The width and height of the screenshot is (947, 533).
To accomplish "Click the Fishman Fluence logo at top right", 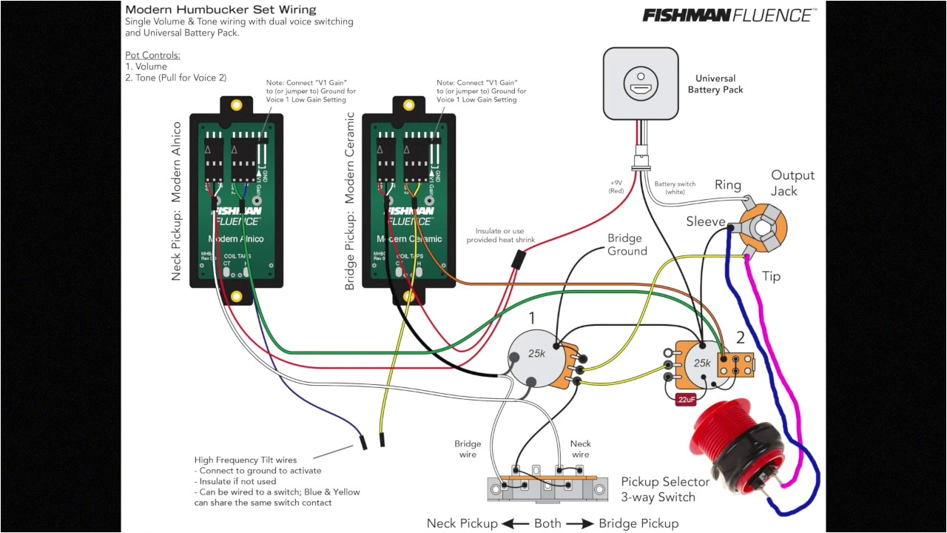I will pos(729,15).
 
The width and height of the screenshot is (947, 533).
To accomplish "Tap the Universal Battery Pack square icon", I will pos(640,84).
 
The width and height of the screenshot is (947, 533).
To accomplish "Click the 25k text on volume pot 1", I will pos(536,354).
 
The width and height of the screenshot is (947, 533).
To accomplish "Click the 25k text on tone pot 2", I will pos(701,363).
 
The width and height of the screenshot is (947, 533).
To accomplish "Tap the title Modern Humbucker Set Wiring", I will pos(220,10).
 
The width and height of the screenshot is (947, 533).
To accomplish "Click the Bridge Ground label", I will pos(627,245).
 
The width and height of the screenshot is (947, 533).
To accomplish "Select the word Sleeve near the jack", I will pos(705,221).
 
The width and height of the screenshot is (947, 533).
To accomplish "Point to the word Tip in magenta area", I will pos(771,276).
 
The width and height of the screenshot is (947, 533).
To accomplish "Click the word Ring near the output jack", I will pos(727,185).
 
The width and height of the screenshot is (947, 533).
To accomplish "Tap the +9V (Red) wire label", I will pos(616,187).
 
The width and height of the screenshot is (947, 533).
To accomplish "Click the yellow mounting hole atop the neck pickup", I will pos(237,105).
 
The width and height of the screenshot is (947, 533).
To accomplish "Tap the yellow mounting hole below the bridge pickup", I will pos(410,296).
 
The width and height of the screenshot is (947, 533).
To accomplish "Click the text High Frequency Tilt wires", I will pos(245,460).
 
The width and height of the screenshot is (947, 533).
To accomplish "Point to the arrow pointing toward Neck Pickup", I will pos(514,523).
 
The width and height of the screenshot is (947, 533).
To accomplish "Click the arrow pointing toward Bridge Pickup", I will pos(581,523).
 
